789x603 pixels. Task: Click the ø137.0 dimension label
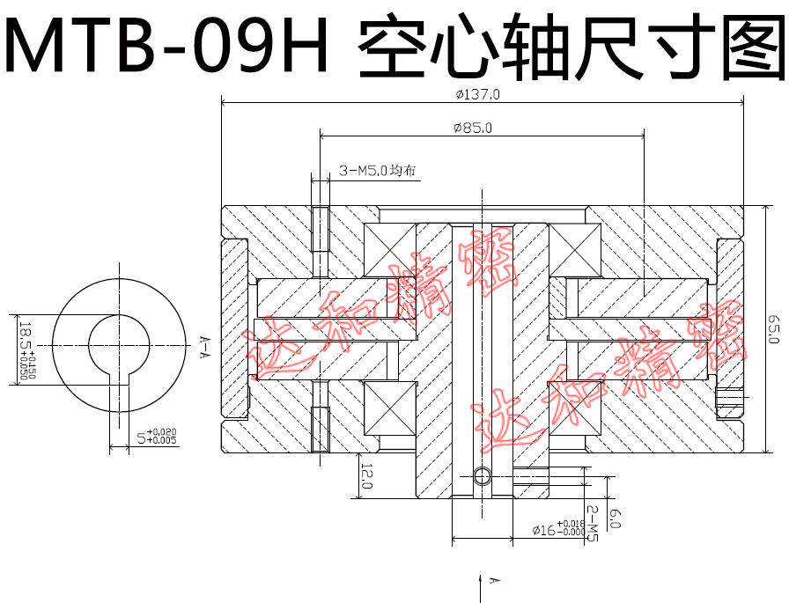(x=479, y=94)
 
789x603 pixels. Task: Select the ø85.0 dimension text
(x=473, y=128)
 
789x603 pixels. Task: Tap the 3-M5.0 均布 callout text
(x=376, y=172)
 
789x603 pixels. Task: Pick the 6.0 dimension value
(x=614, y=519)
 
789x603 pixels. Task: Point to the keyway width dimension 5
(x=153, y=435)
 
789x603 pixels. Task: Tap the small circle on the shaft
(x=481, y=476)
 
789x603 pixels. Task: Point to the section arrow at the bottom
(x=481, y=581)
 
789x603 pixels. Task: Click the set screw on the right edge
(x=730, y=401)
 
